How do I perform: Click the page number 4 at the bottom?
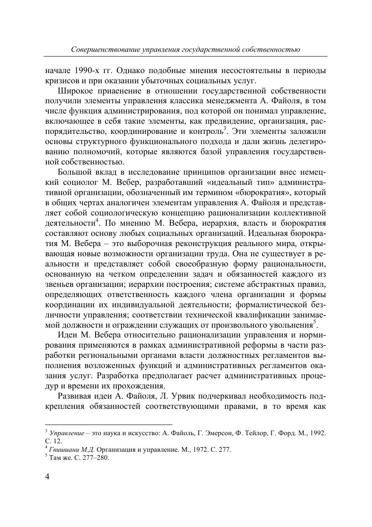(47, 476)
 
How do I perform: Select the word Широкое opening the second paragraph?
(74, 91)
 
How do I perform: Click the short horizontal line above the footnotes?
(108, 424)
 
